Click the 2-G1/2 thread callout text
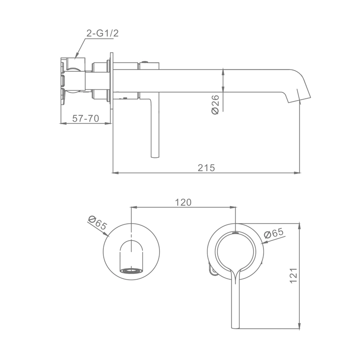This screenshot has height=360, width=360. click(x=103, y=33)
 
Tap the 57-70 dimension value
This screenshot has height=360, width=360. click(x=85, y=118)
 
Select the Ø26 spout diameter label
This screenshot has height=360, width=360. click(x=215, y=104)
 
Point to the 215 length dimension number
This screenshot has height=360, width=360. click(x=206, y=167)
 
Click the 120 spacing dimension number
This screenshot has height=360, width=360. click(x=183, y=202)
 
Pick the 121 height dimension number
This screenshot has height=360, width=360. click(x=294, y=275)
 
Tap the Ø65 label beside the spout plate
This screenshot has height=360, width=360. click(x=97, y=223)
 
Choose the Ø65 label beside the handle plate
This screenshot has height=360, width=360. click(x=274, y=233)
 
